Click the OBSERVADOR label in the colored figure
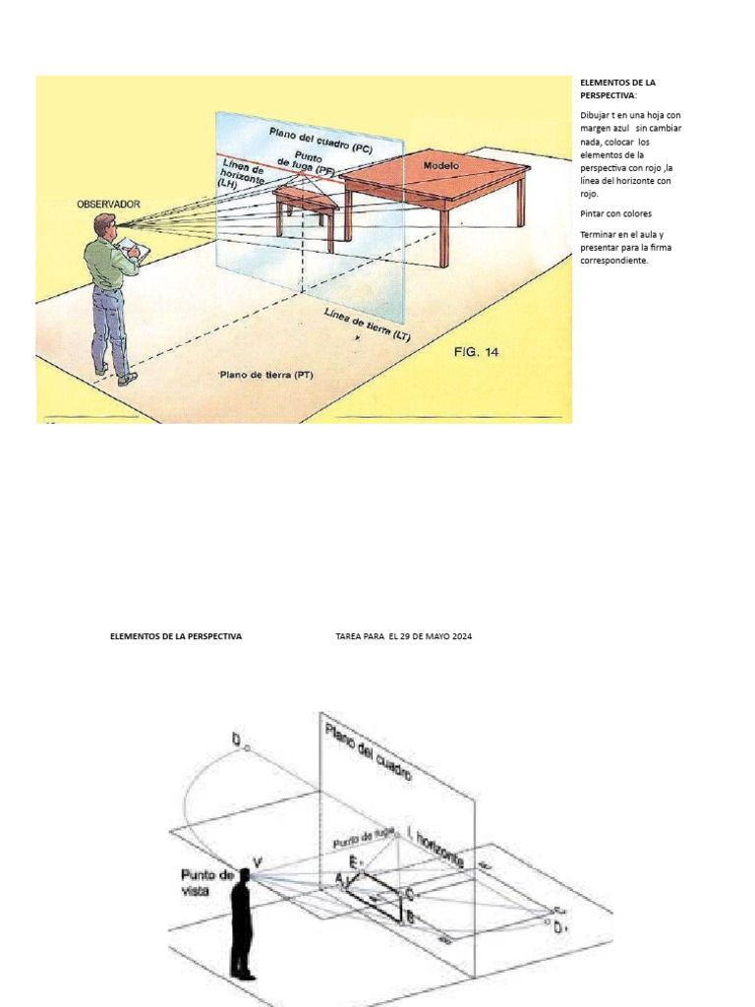coord(108,205)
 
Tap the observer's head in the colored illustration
coord(104,225)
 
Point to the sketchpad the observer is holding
coord(139,253)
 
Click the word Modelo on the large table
coord(441,166)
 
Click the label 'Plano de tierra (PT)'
coord(266,375)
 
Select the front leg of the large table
coord(443,236)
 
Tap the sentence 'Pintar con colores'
coord(615,213)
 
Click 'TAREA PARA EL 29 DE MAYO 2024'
coord(403,637)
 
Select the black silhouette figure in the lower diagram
coord(242,924)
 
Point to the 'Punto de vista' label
coord(206,880)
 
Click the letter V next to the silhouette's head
coord(258,861)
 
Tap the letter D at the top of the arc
coord(236,738)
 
